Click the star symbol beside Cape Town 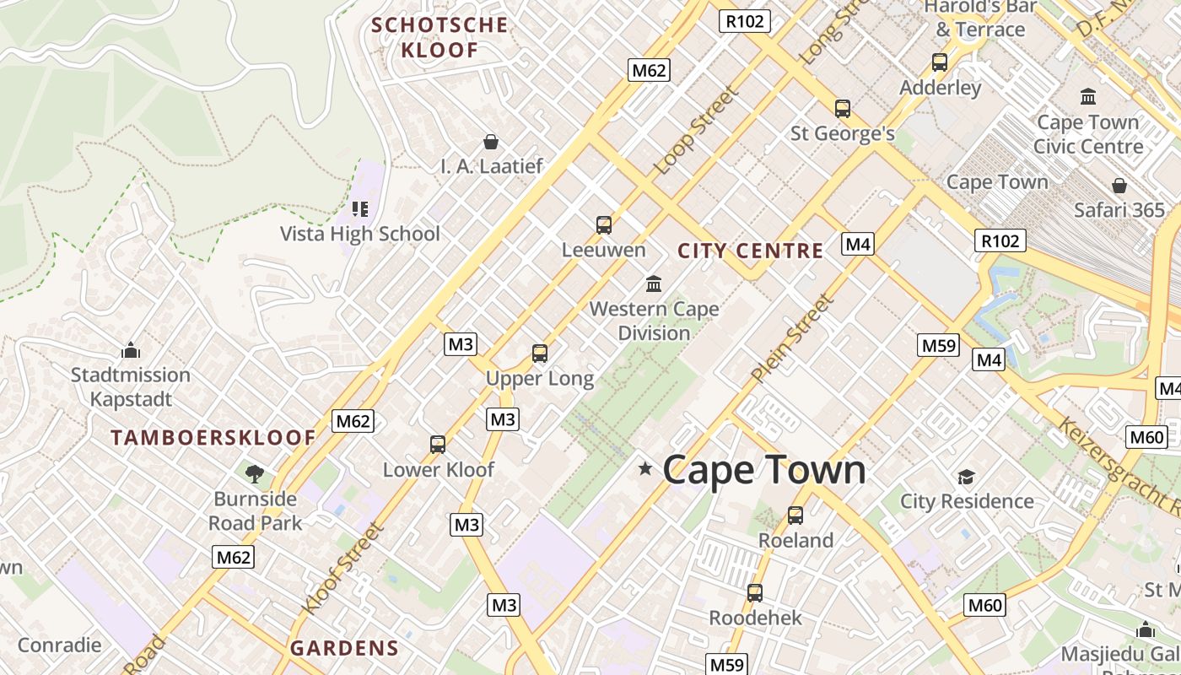[645, 468]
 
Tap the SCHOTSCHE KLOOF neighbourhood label [440, 37]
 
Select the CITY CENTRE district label [750, 251]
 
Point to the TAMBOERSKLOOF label [213, 438]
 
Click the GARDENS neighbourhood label [344, 648]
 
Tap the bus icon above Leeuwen [604, 224]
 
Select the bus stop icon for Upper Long [540, 354]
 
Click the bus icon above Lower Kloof [438, 445]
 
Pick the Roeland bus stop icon [795, 515]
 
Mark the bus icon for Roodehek [755, 593]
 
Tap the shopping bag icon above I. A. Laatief [490, 142]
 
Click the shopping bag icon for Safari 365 [1119, 186]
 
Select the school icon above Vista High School [360, 208]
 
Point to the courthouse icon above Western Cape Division [654, 283]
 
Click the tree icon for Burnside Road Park [255, 473]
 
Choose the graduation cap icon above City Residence [966, 477]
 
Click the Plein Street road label [792, 337]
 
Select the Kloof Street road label [343, 569]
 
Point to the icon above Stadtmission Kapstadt [131, 349]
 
